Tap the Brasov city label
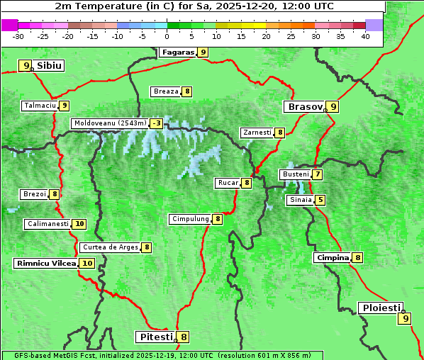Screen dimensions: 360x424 click(304, 107)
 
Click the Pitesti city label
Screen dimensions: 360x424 click(155, 337)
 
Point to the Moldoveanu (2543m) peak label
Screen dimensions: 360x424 click(110, 123)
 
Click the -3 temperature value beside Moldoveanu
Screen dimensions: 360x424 click(156, 123)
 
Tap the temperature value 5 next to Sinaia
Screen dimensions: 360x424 click(320, 200)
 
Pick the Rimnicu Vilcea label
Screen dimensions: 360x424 click(45, 263)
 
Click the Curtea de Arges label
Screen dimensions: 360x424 click(109, 247)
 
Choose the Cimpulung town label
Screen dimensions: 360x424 click(189, 219)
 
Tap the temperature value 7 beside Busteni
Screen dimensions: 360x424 click(318, 174)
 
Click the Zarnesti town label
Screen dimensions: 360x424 click(257, 133)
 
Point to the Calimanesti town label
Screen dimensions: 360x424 click(48, 224)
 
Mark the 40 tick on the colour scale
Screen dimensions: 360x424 click(365, 36)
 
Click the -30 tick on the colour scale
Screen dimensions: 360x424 click(18, 36)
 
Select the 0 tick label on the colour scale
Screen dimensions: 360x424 click(167, 36)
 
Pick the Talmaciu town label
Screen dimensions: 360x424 click(39, 106)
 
